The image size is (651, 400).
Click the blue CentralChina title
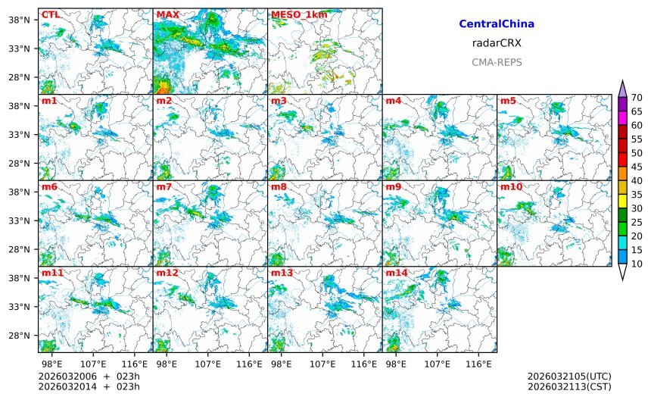497,24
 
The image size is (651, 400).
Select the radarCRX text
497,43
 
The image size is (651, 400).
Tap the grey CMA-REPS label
497,62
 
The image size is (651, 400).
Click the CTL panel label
51,14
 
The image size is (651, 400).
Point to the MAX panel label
167,14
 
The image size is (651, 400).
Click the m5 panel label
507,101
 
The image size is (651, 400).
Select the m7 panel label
164,186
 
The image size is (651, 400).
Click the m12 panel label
167,273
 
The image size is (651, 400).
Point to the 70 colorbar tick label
637,98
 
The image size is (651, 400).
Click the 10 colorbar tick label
637,264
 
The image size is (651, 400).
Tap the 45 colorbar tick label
637,167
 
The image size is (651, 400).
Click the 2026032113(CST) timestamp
568,386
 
